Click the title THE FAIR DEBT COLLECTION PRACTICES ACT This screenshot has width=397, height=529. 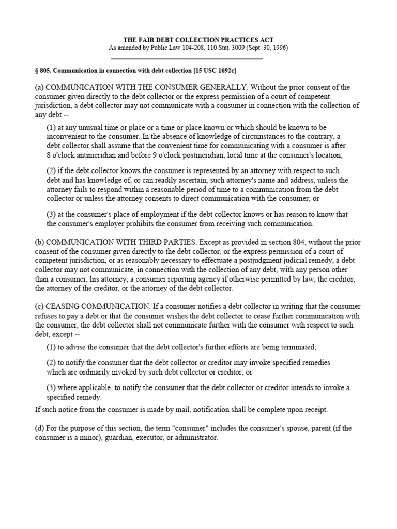[198, 40]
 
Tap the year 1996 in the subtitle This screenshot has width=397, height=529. [277, 48]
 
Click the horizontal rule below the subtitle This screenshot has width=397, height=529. [198, 58]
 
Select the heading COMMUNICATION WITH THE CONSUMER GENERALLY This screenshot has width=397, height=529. [146, 87]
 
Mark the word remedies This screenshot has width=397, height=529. [313, 362]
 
